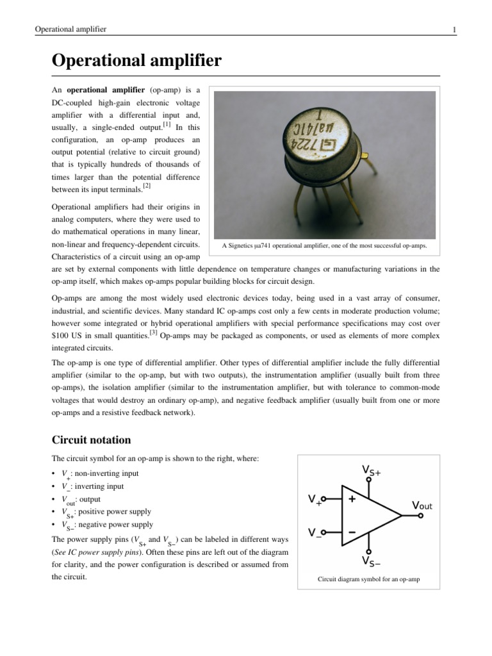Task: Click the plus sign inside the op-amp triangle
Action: (x=352, y=499)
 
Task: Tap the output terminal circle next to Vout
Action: (x=419, y=516)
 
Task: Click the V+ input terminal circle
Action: (x=324, y=498)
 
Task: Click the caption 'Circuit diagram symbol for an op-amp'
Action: (x=368, y=580)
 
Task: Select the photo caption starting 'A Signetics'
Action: (x=324, y=245)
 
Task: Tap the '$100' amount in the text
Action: (x=61, y=334)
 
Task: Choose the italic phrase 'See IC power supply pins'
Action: (x=94, y=551)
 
